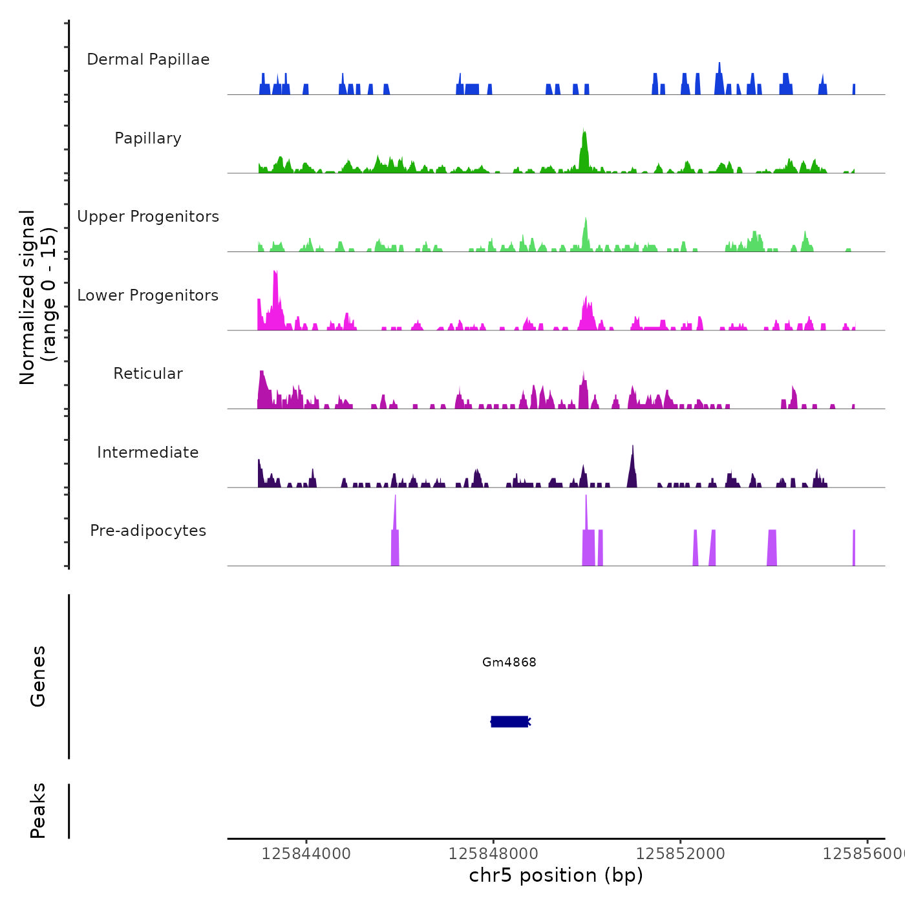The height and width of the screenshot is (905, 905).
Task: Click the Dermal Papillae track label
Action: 148,59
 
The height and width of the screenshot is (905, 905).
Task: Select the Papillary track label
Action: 148,138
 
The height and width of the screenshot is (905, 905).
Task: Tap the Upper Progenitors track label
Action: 148,217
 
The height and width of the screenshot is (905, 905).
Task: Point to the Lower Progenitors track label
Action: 148,295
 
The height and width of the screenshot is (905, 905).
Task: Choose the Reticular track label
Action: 148,374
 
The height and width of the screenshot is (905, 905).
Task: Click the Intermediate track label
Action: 148,452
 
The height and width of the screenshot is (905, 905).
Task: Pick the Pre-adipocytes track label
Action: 148,531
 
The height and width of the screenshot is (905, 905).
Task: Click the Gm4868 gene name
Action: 509,662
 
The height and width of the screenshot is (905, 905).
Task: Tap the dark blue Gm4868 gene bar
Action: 510,721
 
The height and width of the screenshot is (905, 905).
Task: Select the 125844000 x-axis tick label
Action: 306,853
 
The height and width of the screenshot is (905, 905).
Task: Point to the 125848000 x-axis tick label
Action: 493,853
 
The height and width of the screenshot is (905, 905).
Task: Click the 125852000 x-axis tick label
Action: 680,853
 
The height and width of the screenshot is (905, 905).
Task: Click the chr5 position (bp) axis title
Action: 556,875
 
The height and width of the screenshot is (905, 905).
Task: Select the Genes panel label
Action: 37,676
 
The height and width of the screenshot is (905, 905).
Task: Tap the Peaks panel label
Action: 37,811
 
